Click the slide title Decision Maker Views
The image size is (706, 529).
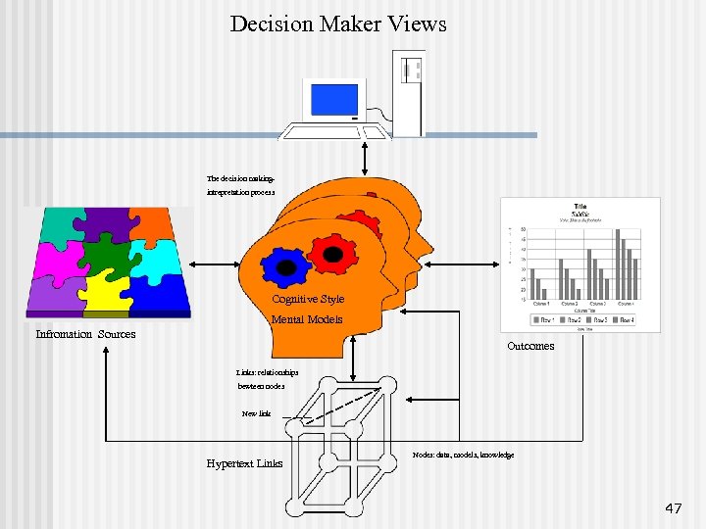338,23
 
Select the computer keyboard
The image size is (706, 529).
321,131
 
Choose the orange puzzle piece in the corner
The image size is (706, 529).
153,221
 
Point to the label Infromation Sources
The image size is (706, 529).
85,334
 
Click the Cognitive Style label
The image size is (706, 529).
308,299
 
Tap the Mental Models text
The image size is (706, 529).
307,319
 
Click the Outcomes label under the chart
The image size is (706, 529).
530,346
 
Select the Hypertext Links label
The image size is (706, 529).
244,463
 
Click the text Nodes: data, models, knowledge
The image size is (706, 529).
463,456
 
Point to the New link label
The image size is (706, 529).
256,413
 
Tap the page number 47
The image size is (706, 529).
673,508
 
